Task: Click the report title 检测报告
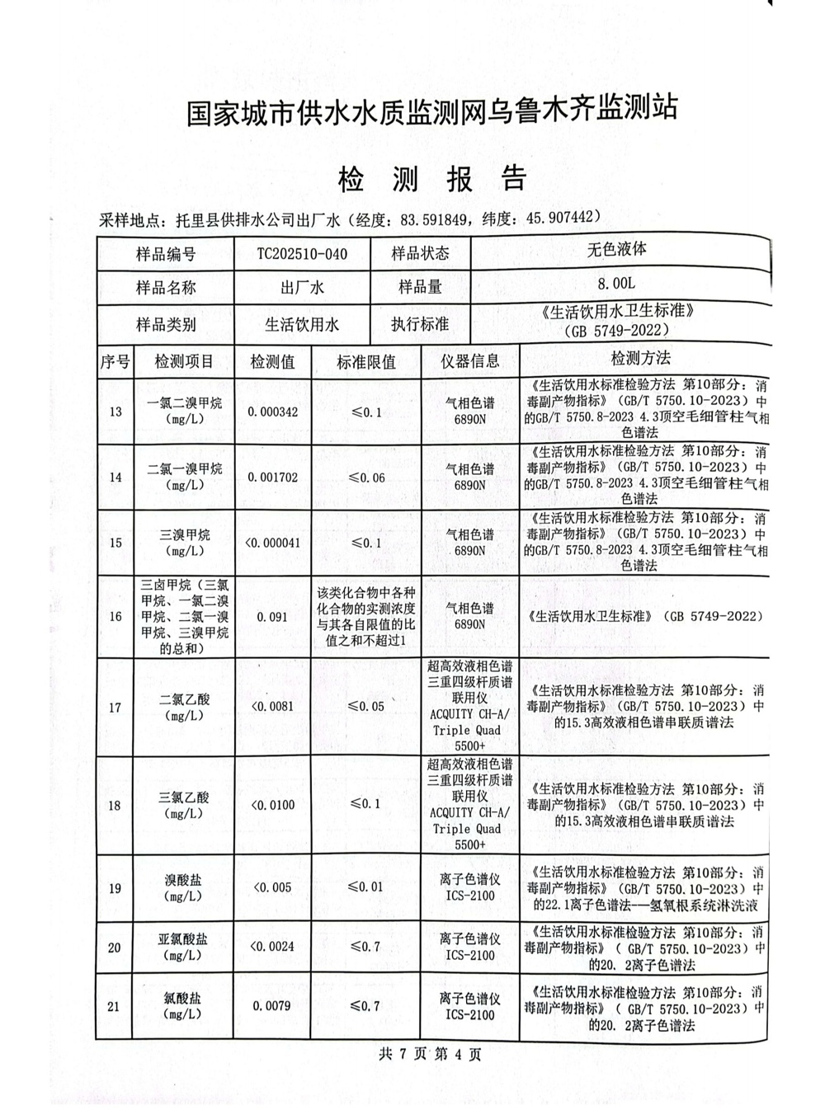tap(431, 179)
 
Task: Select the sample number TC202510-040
tap(302, 254)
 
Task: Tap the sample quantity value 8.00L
tap(618, 283)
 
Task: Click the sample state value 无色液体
tap(617, 249)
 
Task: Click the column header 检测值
tap(272, 361)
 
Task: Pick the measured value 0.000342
tap(272, 411)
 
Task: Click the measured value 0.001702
tap(272, 477)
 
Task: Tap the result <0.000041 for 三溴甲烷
tap(272, 543)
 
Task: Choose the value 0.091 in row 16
tap(272, 616)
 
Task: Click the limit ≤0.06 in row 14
tap(366, 477)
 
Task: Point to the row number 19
tap(115, 888)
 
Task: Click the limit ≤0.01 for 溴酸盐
tap(365, 887)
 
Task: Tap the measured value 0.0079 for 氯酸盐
tap(272, 1005)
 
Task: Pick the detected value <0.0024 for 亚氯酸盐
tap(271, 946)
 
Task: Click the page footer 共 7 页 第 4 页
tap(429, 1053)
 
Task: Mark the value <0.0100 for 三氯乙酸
tap(271, 804)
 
